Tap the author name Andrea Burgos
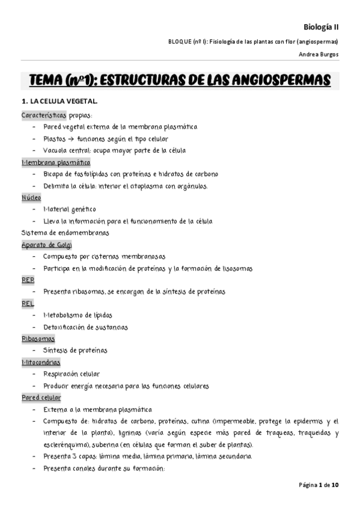pyautogui.click(x=319, y=54)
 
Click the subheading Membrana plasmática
pyautogui.click(x=56, y=162)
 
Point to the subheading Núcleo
pyautogui.click(x=32, y=197)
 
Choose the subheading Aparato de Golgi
pyautogui.click(x=46, y=245)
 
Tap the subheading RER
pyautogui.click(x=28, y=280)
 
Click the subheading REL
pyautogui.click(x=28, y=304)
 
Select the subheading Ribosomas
pyautogui.click(x=38, y=339)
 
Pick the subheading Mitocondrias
pyautogui.click(x=43, y=362)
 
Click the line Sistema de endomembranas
pyautogui.click(x=65, y=233)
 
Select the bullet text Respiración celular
pyautogui.click(x=72, y=374)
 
